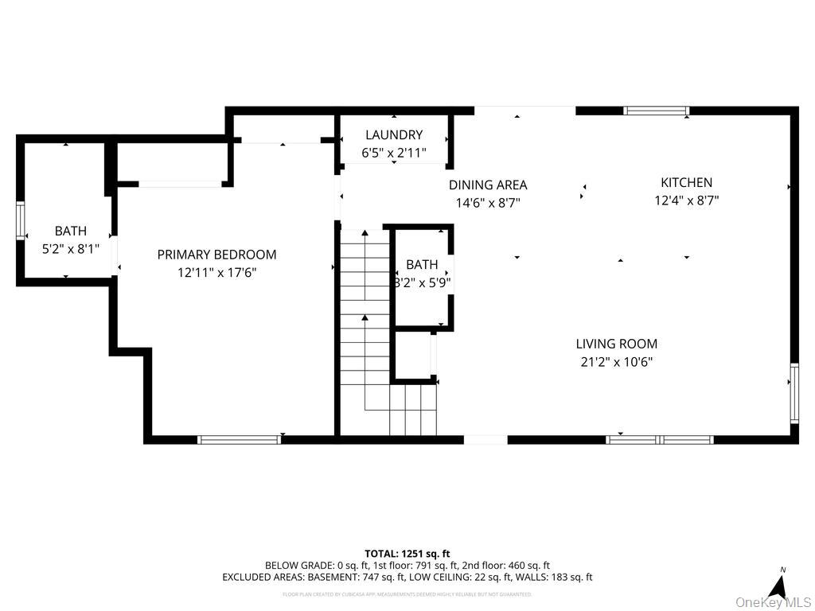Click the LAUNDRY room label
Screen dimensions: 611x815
coord(394,135)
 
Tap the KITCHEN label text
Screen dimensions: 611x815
coord(686,182)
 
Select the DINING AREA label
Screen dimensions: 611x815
coord(488,185)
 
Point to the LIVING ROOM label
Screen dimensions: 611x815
coord(617,344)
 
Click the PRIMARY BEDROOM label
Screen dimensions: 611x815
coord(216,255)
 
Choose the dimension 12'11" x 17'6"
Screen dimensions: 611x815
coord(216,273)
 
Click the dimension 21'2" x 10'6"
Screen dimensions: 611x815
coord(617,362)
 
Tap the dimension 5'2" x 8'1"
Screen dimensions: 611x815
coord(70,248)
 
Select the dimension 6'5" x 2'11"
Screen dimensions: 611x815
coord(394,153)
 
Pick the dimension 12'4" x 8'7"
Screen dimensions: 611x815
coord(686,200)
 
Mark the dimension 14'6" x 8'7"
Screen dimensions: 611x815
coord(488,203)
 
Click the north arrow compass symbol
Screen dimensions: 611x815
coord(780,585)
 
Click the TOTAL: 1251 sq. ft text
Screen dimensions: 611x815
coord(407,553)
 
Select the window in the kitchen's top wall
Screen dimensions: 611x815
coord(656,111)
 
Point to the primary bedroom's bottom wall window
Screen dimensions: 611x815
coord(239,439)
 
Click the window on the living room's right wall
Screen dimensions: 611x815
coord(794,392)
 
